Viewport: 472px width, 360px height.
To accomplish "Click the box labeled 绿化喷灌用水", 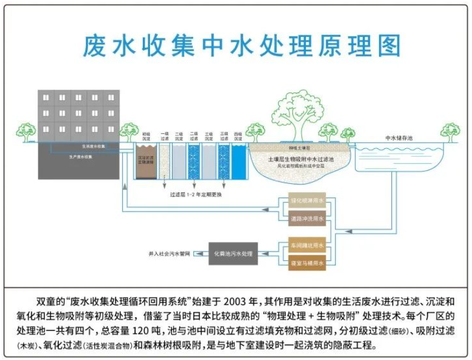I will [x=307, y=202].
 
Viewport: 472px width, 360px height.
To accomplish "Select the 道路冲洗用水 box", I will [x=307, y=219].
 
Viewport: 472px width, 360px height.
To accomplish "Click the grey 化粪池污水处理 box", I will [x=232, y=254].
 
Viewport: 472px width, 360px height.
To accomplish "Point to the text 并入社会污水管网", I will [x=169, y=254].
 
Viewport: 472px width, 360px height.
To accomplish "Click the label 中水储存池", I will [x=398, y=138].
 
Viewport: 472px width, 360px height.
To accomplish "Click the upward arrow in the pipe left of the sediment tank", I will [x=125, y=186].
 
